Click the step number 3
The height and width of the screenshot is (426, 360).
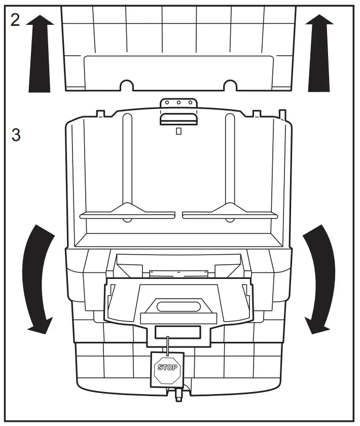(x=16, y=136)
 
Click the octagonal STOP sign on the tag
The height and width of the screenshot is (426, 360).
(x=167, y=367)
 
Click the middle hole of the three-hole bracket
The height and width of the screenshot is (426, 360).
(x=178, y=103)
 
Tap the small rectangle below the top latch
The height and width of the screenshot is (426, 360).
(x=178, y=131)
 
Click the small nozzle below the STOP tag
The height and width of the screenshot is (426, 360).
(x=178, y=395)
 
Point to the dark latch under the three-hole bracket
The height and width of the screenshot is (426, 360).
(x=178, y=119)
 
